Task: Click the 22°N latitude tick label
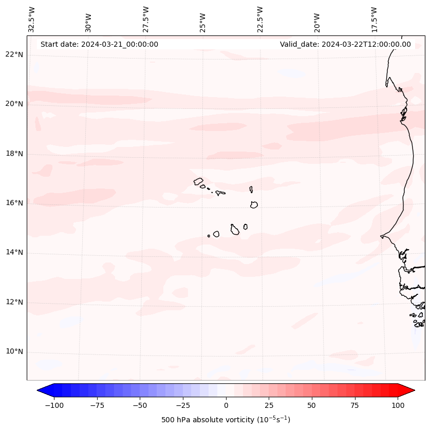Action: click(x=14, y=54)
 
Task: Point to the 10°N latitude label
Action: click(x=14, y=352)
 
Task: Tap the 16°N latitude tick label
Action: click(x=14, y=203)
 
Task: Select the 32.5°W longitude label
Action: click(x=32, y=18)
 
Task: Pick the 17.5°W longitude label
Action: click(x=374, y=18)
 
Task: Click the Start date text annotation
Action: click(x=99, y=44)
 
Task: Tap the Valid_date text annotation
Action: click(x=345, y=44)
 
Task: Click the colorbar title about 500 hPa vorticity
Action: click(x=226, y=420)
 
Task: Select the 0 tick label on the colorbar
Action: click(x=226, y=405)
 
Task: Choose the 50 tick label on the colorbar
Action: click(x=312, y=405)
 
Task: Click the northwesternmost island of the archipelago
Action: click(x=198, y=181)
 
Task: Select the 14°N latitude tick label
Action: click(x=14, y=252)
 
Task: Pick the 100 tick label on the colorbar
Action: click(x=398, y=405)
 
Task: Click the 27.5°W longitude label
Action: click(x=146, y=18)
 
